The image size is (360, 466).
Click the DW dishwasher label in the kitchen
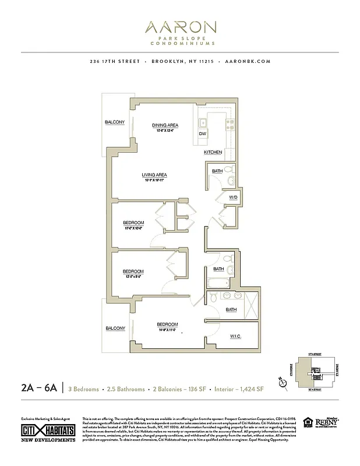(x=203, y=134)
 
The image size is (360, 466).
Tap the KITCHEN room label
(x=213, y=152)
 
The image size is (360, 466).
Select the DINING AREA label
(x=165, y=125)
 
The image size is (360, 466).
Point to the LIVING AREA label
(x=154, y=175)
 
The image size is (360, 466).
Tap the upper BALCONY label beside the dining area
(x=115, y=122)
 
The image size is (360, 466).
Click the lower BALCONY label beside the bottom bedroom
(x=115, y=328)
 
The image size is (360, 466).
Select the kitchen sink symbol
(x=202, y=122)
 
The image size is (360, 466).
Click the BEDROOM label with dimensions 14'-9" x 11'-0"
(x=167, y=324)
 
